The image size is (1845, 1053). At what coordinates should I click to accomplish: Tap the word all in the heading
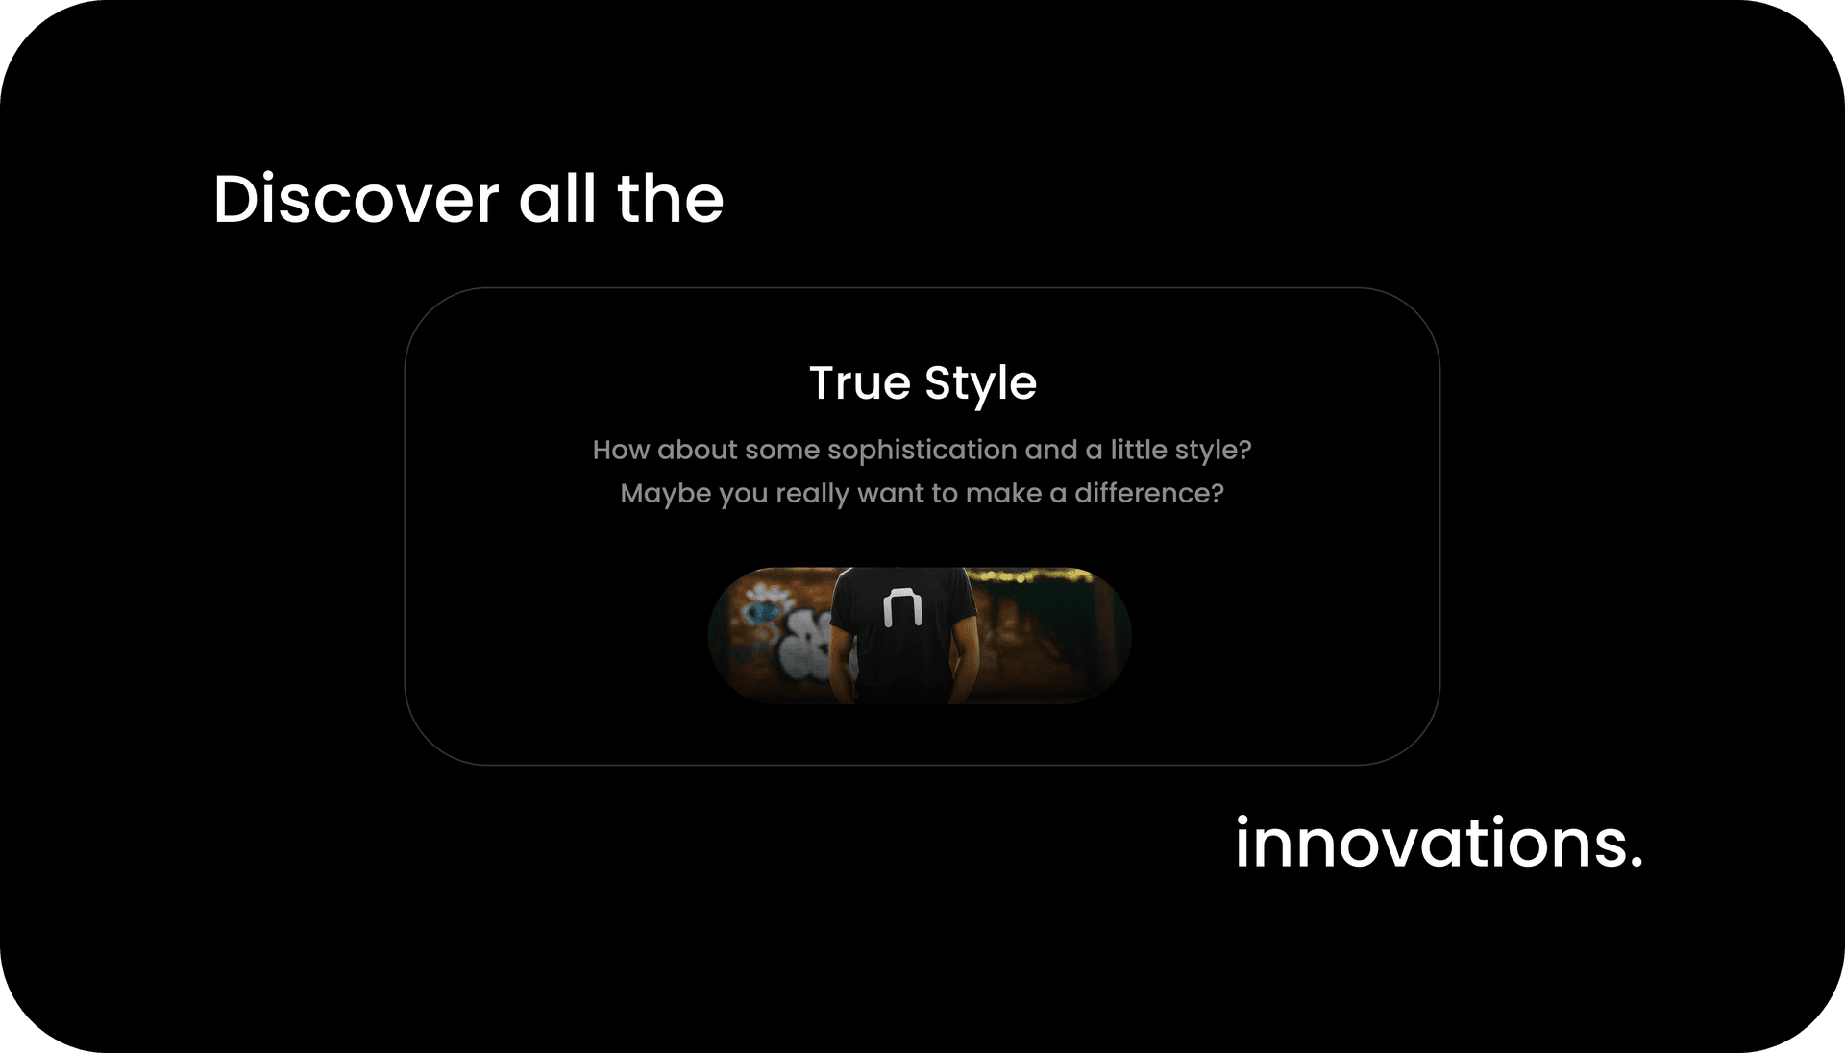coord(558,200)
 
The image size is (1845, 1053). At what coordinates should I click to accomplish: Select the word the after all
coord(670,200)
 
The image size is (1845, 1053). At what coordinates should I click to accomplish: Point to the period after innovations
coord(1636,862)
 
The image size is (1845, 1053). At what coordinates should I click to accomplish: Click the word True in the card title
coord(859,383)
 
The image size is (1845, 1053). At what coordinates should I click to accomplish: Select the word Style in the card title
coord(980,384)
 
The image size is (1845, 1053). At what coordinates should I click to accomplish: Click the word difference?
coord(1148,493)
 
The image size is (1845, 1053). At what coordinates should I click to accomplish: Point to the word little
coord(1138,450)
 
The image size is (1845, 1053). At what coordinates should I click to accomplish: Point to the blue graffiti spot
coord(764,611)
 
